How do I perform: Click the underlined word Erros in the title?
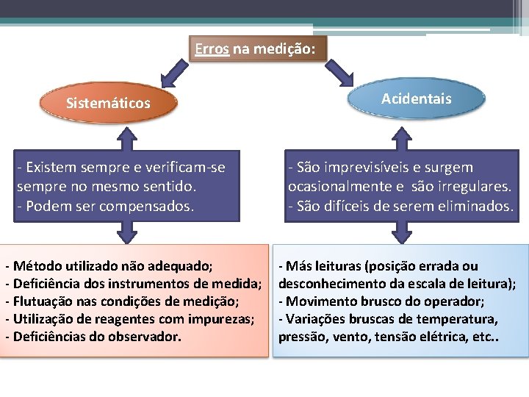209,50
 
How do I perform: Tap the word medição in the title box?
290,50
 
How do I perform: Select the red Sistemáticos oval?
108,102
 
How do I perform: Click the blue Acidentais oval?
417,99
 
